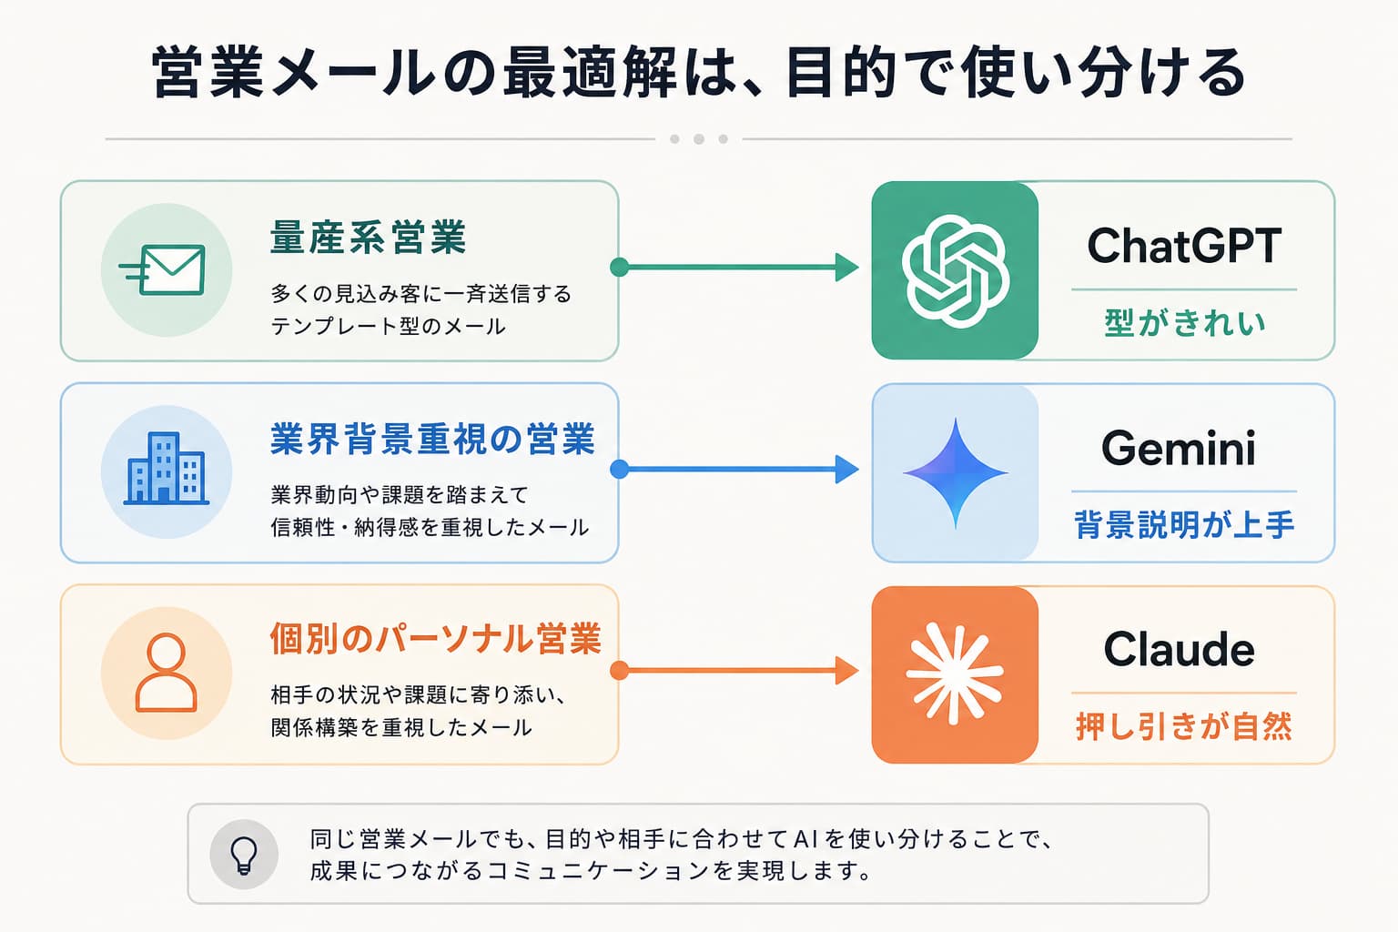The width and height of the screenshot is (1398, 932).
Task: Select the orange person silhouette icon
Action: (x=166, y=673)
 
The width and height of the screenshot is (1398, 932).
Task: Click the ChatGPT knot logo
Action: (x=955, y=271)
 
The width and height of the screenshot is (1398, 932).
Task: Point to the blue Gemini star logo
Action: (x=956, y=473)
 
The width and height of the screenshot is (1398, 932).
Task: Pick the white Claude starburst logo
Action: (x=955, y=674)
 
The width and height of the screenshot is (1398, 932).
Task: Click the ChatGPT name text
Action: (x=1184, y=246)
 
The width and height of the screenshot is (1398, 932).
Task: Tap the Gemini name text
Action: (x=1179, y=448)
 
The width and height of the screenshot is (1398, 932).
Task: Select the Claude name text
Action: (x=1179, y=649)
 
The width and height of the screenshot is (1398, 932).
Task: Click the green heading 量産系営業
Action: (x=369, y=238)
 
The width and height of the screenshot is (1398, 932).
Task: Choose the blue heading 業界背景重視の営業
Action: (x=432, y=439)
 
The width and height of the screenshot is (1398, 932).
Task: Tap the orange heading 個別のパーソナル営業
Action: (x=436, y=639)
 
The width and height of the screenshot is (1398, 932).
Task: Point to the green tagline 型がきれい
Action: (x=1184, y=323)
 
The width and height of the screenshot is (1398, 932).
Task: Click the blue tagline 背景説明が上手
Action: (x=1184, y=524)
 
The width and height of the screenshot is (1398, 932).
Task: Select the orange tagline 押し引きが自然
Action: (x=1184, y=726)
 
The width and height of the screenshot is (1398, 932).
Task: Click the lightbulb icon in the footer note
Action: (x=243, y=856)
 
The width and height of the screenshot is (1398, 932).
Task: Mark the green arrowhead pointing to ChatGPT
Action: (x=847, y=268)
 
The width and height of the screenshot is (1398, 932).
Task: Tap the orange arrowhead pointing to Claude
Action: (x=847, y=671)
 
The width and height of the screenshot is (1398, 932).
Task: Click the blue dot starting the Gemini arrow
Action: (x=619, y=469)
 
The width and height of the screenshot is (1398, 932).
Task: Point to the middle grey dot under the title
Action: (x=699, y=139)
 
